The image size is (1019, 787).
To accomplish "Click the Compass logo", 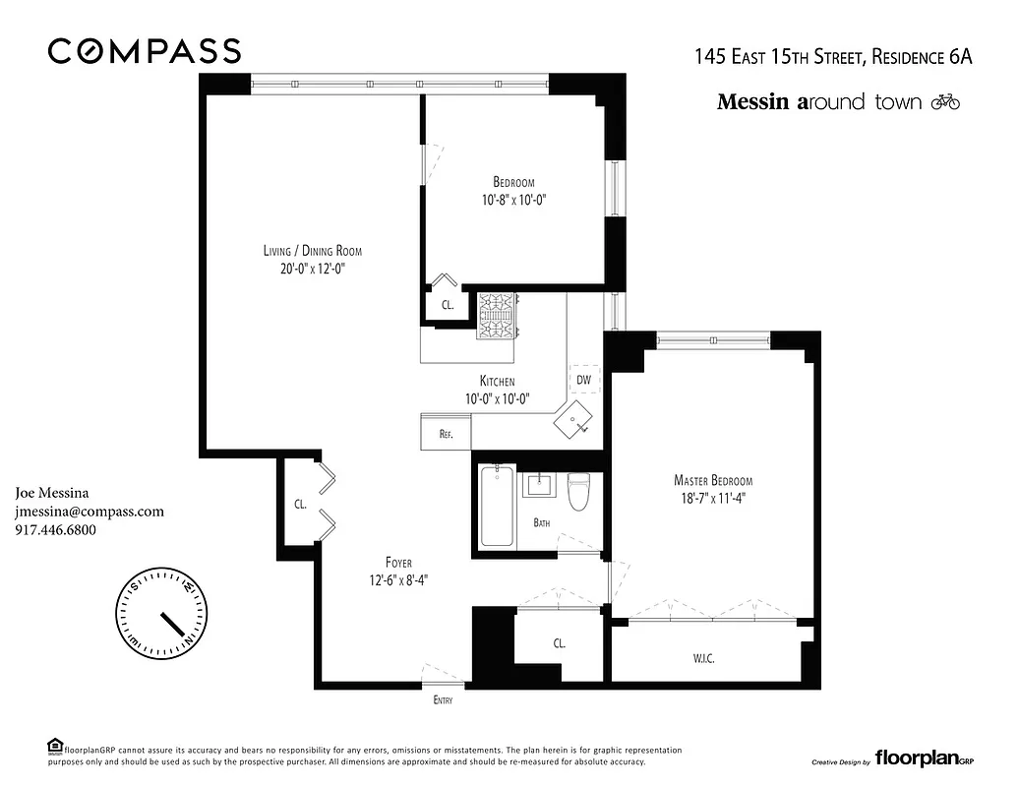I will coord(145,51).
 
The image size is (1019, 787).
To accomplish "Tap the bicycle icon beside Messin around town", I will coord(944,101).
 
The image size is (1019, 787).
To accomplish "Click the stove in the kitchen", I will coord(498,316).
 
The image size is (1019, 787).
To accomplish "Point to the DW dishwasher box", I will coord(584,378).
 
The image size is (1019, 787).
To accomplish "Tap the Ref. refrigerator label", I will coord(446,433).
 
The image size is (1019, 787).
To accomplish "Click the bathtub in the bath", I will coord(496,507).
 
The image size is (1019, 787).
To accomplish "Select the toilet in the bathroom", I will coord(578,491).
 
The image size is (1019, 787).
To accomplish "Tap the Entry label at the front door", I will coord(444,700).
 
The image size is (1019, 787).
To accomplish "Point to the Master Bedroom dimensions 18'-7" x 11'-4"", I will coord(713,498).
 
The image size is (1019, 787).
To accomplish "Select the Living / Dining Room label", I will coord(305,250).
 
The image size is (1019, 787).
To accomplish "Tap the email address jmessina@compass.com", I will coord(90,512).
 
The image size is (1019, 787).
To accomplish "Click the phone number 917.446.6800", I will coord(56,530).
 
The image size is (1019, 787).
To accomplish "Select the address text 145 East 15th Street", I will coord(778,57).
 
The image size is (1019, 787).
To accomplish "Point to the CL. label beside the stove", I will coord(448,306).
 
